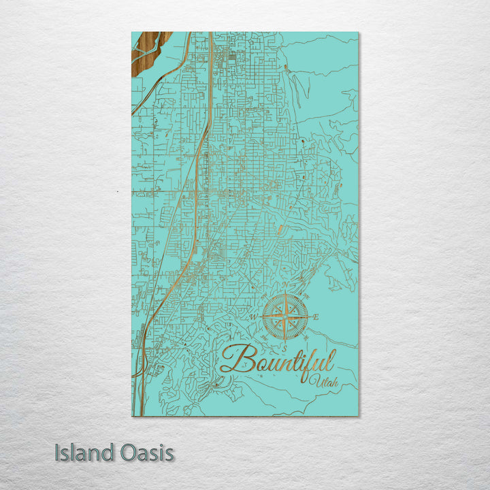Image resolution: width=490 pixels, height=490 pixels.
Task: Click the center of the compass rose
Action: tap(284, 317)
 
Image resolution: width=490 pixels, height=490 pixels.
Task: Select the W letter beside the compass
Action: tap(253, 318)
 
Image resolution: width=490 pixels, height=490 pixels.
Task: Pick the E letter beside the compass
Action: tap(316, 317)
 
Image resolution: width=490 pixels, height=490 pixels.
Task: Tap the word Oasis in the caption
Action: tap(145, 453)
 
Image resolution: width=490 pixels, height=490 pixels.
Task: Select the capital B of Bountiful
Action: tap(233, 358)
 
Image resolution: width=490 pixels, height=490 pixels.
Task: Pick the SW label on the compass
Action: tap(264, 338)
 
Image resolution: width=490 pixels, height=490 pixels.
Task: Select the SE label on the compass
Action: tap(305, 338)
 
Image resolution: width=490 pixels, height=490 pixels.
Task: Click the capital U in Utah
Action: tap(312, 378)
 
